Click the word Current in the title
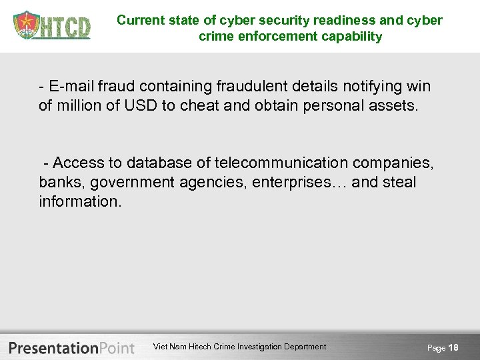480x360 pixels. point(138,20)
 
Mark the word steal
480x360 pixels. point(399,182)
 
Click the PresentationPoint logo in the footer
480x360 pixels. point(72,347)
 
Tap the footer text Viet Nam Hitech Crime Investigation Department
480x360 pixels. point(240,347)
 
